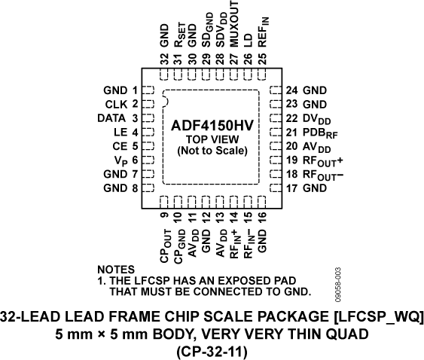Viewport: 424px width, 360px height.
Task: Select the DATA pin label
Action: click(111, 117)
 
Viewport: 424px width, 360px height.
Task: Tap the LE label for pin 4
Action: click(120, 132)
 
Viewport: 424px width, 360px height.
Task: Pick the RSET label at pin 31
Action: click(178, 35)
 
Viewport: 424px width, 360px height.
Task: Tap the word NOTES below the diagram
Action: click(116, 269)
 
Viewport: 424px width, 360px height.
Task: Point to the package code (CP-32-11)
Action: click(212, 350)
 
